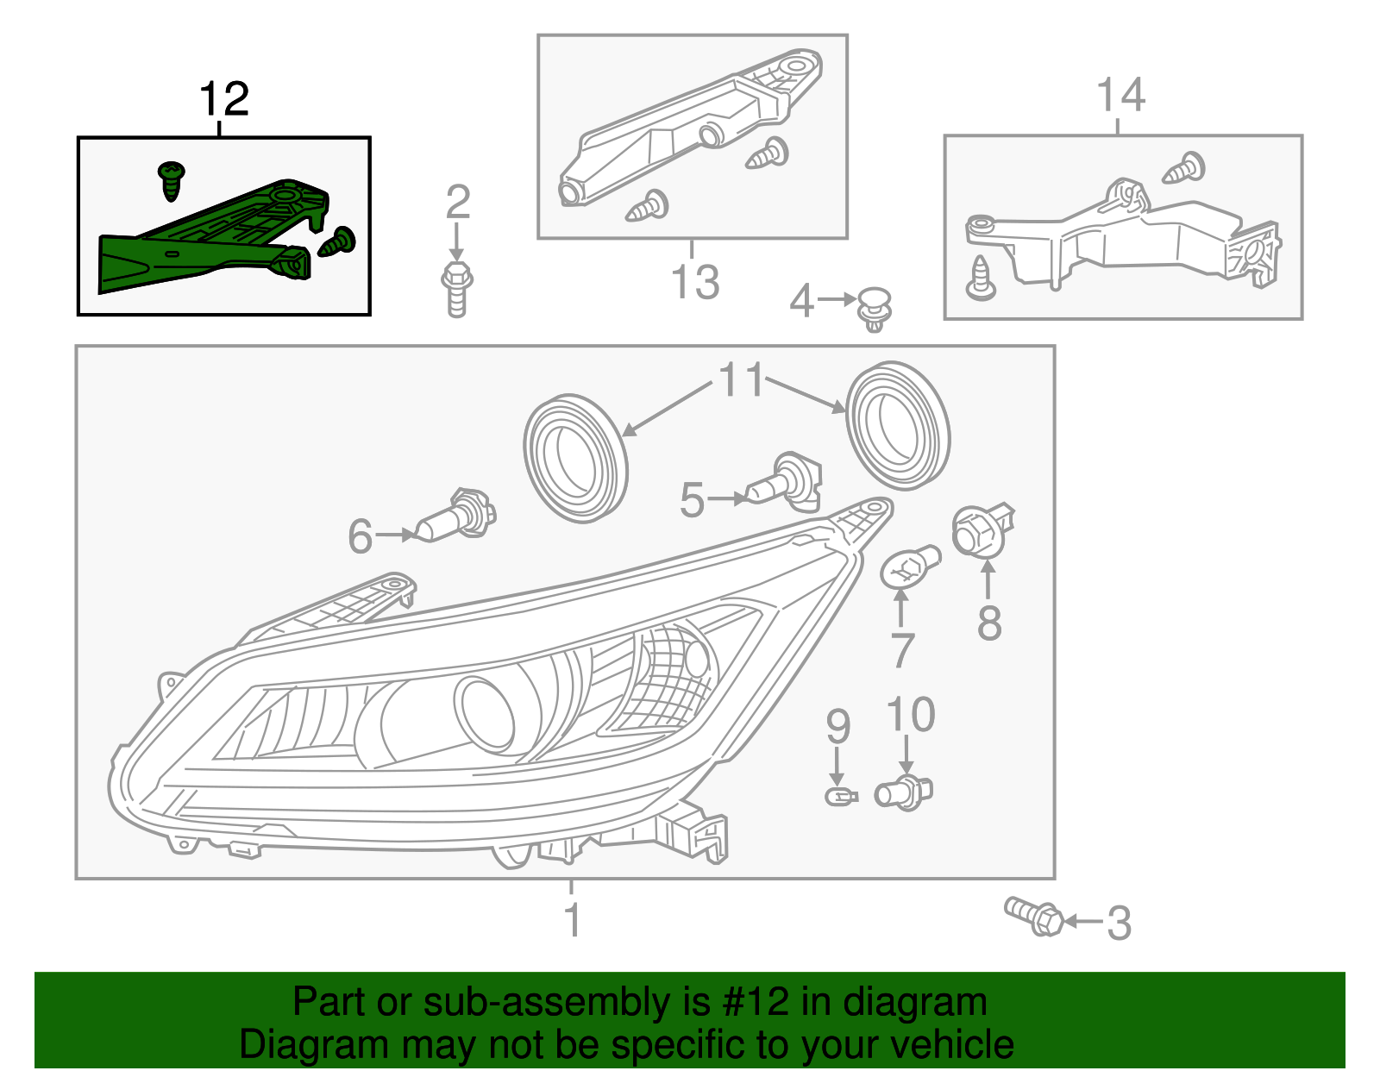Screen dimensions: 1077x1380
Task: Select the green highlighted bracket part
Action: (207, 241)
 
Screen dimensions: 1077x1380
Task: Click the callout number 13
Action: (694, 282)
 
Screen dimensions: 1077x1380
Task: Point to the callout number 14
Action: (1120, 95)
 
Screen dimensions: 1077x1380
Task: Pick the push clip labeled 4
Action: (874, 309)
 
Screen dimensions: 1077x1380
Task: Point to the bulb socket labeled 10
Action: (903, 791)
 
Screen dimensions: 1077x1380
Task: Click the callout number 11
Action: (741, 380)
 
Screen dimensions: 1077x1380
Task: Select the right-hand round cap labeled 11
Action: (897, 427)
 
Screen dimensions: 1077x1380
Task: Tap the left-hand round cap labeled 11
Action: (574, 458)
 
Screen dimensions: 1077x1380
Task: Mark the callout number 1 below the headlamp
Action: (572, 920)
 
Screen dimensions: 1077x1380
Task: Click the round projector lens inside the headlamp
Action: (485, 710)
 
